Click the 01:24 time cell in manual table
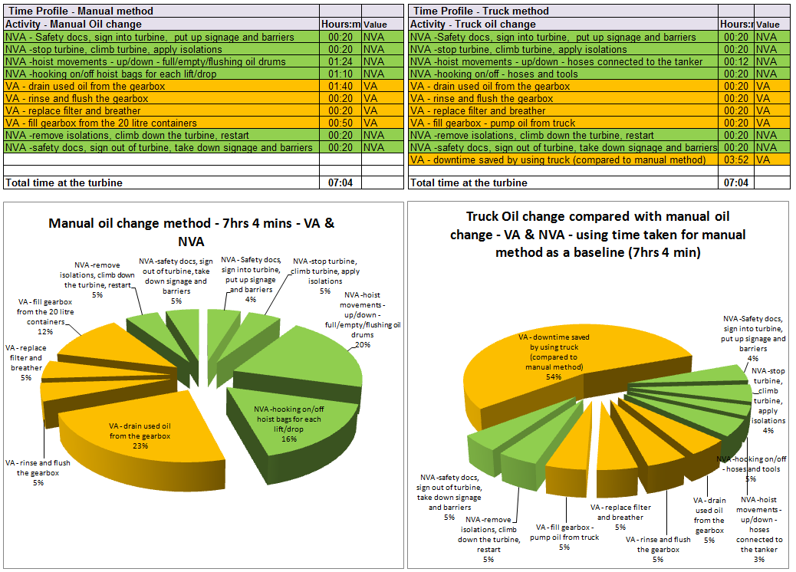pos(340,61)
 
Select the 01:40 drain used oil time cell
pos(340,86)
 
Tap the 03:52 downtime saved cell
pos(736,159)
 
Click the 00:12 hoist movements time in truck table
pos(736,61)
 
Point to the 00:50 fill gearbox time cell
pos(340,123)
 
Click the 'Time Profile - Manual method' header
pos(80,11)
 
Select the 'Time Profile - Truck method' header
pos(481,11)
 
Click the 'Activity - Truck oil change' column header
pos(473,24)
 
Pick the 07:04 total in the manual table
pos(340,182)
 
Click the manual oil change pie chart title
pos(192,232)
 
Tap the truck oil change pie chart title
pos(598,234)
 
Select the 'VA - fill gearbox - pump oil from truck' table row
pos(564,123)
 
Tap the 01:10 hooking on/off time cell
pos(340,74)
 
